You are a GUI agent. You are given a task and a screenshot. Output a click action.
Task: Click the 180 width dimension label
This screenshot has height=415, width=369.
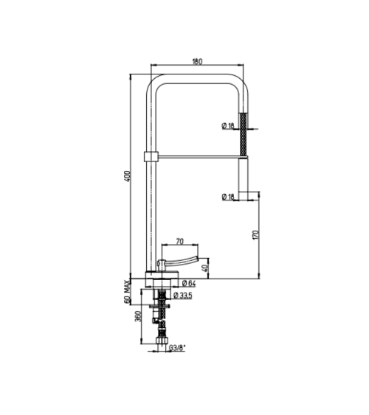pyautogui.click(x=197, y=61)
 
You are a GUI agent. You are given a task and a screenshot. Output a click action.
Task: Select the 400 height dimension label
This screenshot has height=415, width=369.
pyautogui.click(x=128, y=176)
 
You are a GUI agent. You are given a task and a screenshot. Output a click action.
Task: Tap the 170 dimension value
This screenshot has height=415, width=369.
pyautogui.click(x=255, y=235)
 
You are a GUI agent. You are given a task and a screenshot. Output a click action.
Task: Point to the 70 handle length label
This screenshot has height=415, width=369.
pyautogui.click(x=180, y=241)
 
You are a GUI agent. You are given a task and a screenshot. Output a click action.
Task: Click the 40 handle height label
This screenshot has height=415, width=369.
pyautogui.click(x=204, y=268)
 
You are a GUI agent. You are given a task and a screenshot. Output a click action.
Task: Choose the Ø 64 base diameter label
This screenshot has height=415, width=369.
pyautogui.click(x=189, y=284)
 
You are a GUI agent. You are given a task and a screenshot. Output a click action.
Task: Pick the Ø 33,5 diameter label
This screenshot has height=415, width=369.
pyautogui.click(x=182, y=295)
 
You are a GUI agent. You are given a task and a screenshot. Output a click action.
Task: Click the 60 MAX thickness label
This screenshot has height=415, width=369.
pyautogui.click(x=128, y=291)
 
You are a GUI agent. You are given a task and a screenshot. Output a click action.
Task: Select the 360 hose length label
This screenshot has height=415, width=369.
pyautogui.click(x=138, y=316)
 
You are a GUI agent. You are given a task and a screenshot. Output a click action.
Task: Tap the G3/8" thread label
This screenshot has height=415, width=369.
pyautogui.click(x=177, y=348)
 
